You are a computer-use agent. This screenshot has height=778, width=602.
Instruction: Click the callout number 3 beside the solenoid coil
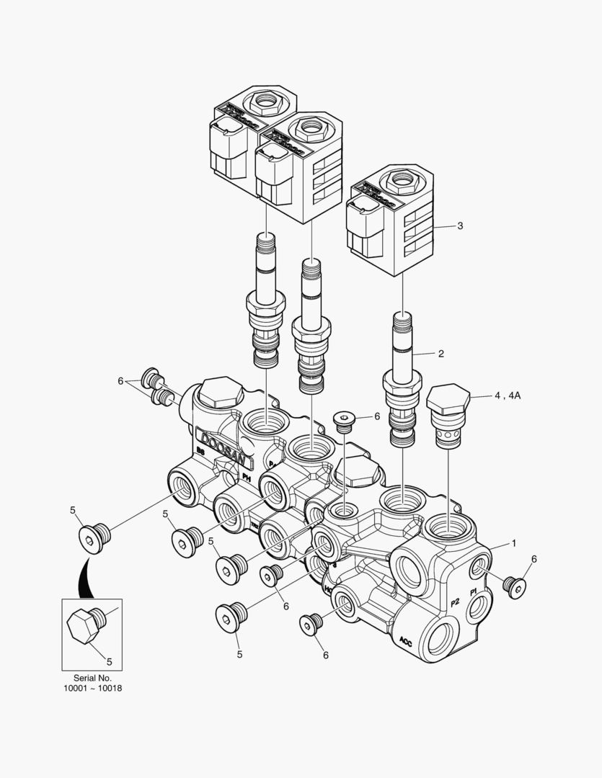[x=460, y=225]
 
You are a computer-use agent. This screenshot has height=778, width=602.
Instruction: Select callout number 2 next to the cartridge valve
[x=441, y=354]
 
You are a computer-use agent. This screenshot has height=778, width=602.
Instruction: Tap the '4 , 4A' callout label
[x=508, y=395]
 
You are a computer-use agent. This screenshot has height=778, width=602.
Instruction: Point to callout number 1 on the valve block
[x=514, y=542]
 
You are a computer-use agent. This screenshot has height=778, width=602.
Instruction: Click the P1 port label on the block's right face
[x=474, y=591]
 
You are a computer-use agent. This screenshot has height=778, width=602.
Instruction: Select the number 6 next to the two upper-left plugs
[x=121, y=381]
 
